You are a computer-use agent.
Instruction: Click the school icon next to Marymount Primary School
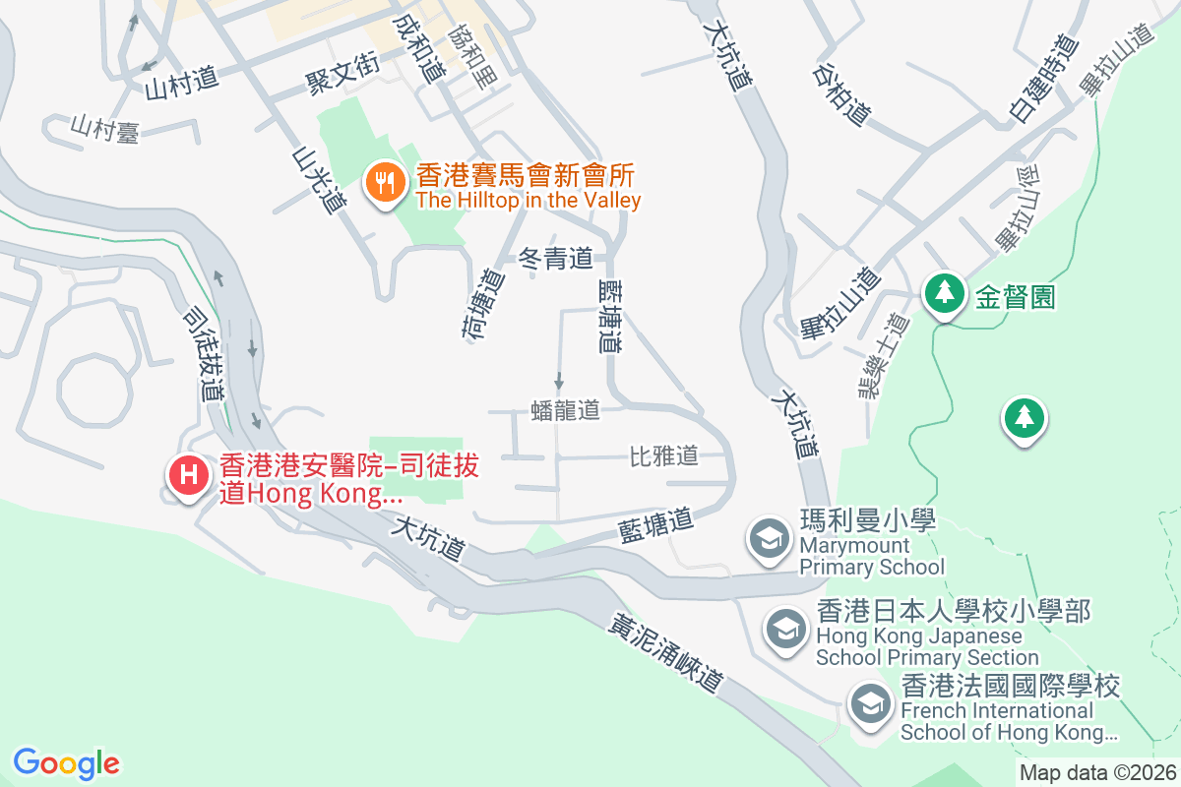pyautogui.click(x=769, y=538)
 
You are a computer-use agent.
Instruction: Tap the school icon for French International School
pyautogui.click(x=869, y=703)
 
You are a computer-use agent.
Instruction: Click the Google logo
pyautogui.click(x=66, y=762)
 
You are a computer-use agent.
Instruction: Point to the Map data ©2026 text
pyautogui.click(x=1096, y=772)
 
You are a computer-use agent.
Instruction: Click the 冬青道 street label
pyautogui.click(x=556, y=260)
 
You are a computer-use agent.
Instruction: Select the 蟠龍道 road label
pyautogui.click(x=565, y=410)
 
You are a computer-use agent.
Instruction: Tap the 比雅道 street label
pyautogui.click(x=663, y=455)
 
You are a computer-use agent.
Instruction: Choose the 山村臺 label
pyautogui.click(x=104, y=129)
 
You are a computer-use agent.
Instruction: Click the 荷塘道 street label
pyautogui.click(x=481, y=304)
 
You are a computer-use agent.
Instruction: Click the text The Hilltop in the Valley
pyautogui.click(x=528, y=201)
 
